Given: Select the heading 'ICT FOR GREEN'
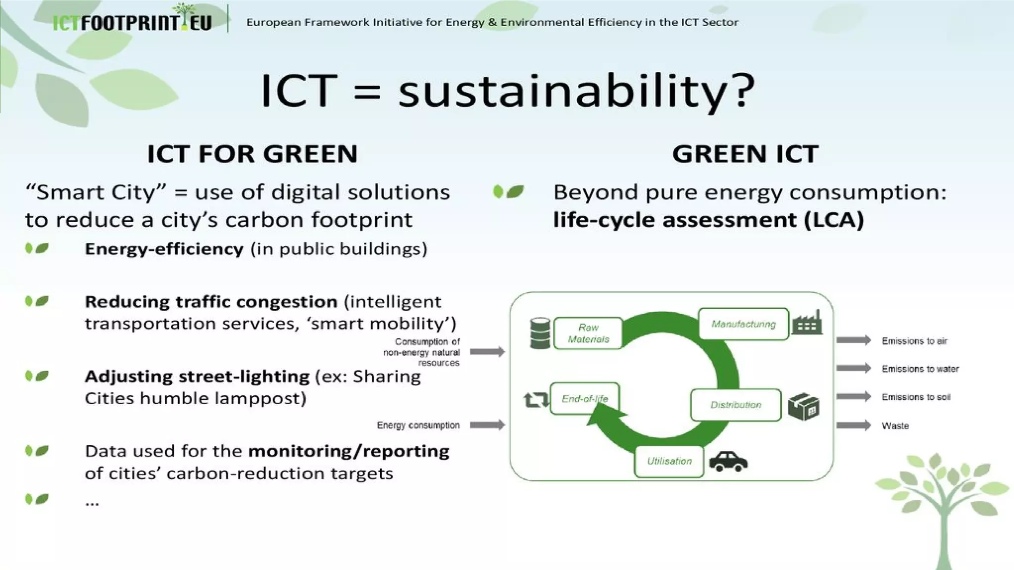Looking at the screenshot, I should tap(252, 154).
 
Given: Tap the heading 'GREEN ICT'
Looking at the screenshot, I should tap(745, 154).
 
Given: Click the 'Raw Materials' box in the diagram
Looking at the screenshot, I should tap(588, 333).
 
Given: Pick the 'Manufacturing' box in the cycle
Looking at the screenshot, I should tap(743, 324).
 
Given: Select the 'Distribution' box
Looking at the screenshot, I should tap(736, 405).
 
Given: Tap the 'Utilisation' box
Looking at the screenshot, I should tap(669, 461).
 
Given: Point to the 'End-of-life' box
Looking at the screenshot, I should tap(585, 398).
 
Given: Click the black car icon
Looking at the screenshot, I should tap(728, 461).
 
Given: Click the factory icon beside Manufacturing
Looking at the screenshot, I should tap(807, 323).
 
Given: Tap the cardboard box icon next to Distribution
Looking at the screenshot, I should tap(803, 407).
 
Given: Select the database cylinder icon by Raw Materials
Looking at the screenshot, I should tap(540, 333).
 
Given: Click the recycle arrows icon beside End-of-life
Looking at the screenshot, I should tap(536, 400).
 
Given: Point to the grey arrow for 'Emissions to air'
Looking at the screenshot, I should tap(854, 340).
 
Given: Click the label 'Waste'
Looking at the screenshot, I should tap(895, 426).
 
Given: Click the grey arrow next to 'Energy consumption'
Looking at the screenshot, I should tap(487, 425).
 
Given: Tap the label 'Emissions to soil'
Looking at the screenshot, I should tap(915, 397).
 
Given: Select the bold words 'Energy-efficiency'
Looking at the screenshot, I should tap(164, 249).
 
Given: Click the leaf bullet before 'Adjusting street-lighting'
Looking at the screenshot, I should tap(37, 377).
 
